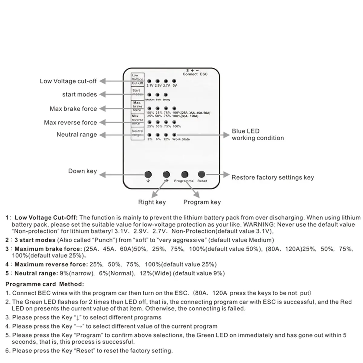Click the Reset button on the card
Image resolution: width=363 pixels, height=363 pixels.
[x=201, y=174]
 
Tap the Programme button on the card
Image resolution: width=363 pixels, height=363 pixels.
[x=185, y=175]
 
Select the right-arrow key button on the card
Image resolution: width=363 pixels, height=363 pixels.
[x=166, y=175]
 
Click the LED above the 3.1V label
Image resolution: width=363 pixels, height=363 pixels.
[x=149, y=81]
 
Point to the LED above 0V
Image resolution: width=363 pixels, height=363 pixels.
[x=174, y=81]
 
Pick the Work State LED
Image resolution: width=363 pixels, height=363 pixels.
[x=174, y=135]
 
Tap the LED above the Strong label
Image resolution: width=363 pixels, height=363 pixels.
[x=166, y=95]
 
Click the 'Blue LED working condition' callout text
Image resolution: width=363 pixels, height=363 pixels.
[x=258, y=135]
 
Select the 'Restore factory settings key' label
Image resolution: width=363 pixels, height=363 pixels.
[x=273, y=178]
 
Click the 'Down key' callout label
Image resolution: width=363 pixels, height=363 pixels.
[x=82, y=171]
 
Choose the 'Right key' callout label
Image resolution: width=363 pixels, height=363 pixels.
[x=152, y=202]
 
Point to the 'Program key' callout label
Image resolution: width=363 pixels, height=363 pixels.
[x=202, y=202]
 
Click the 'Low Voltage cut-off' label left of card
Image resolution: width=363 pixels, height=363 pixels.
[x=68, y=81]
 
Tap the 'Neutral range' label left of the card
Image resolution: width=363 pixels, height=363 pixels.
[x=77, y=135]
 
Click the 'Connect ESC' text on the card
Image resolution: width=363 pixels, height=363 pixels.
[x=195, y=74]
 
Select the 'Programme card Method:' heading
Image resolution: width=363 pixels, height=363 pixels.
[x=45, y=284]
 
